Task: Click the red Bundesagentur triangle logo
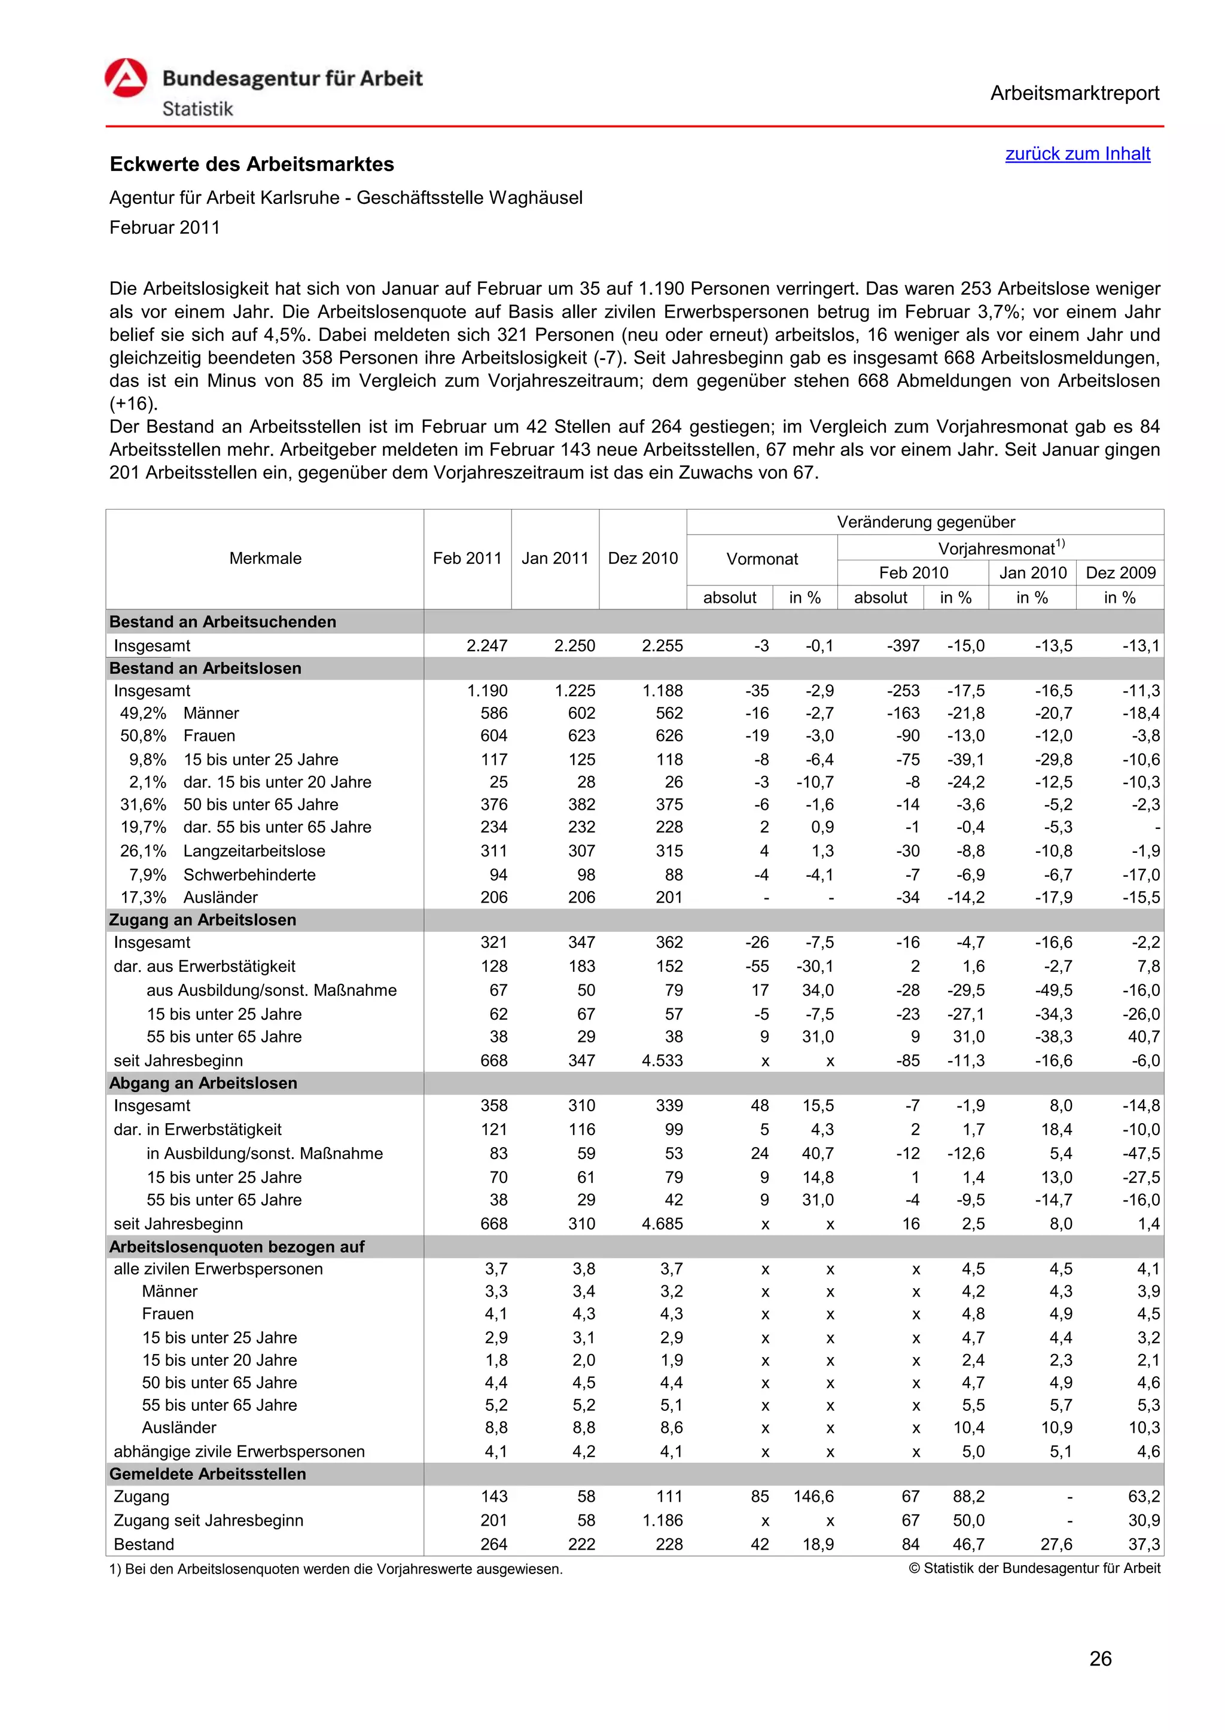126,78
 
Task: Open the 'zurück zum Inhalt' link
1077,154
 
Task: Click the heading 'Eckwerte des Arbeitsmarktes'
252,164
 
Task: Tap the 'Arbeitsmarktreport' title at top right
1074,93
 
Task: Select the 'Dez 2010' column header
642,558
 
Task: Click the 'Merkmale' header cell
265,558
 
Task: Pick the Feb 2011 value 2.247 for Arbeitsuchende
486,646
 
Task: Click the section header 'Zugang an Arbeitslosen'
202,920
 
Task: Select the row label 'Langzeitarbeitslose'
254,851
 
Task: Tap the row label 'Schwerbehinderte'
249,875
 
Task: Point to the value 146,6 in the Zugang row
812,1496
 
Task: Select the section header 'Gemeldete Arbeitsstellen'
208,1474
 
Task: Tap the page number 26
1100,1659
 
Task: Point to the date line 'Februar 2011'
164,228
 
